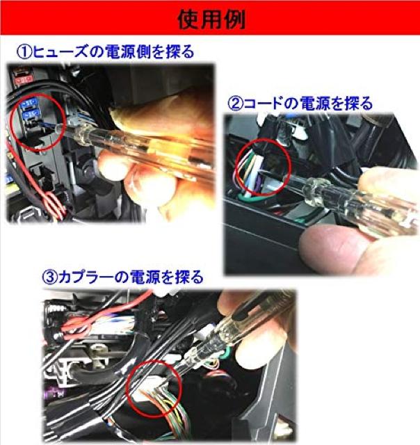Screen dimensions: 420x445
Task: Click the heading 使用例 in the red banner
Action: pyautogui.click(x=211, y=20)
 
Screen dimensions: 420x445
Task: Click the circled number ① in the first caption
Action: pyautogui.click(x=24, y=52)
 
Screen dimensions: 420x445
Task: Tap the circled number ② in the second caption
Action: pyautogui.click(x=236, y=104)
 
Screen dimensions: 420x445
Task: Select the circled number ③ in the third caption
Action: pyautogui.click(x=49, y=277)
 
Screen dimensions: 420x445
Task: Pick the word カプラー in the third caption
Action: pyautogui.click(x=86, y=277)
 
